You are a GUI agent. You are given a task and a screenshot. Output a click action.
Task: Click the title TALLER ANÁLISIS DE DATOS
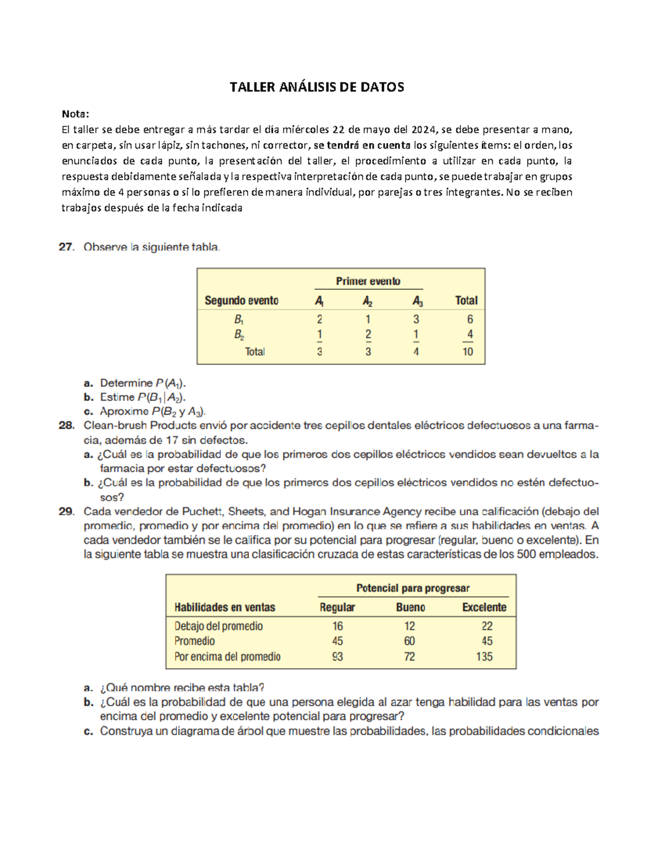coord(316,87)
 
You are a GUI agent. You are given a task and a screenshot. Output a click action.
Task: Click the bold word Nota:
coord(75,114)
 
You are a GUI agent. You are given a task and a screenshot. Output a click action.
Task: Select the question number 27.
coord(66,247)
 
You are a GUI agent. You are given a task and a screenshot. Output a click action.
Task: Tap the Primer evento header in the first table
coord(368,281)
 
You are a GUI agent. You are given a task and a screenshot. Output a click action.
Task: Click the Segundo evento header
coord(242,300)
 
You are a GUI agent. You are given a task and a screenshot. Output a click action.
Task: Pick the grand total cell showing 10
coord(468,351)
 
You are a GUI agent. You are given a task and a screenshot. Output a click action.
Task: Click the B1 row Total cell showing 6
coord(470,319)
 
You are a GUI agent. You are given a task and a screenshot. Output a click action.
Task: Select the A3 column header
coord(417,301)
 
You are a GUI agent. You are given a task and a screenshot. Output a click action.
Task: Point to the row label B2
coord(239,335)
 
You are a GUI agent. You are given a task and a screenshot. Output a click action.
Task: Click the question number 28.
coord(66,426)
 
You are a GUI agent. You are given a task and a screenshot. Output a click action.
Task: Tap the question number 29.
coord(66,512)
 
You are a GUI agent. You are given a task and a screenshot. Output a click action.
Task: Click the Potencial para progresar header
coord(413,588)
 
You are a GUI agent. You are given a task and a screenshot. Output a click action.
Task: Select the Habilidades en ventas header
coord(224,608)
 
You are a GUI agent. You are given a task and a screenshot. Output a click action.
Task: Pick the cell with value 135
coord(484,656)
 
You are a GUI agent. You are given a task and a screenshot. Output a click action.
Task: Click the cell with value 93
coord(337,656)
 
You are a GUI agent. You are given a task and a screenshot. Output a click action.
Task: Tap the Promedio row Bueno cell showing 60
coord(409,641)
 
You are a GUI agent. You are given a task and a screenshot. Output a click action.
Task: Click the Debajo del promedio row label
coord(218,626)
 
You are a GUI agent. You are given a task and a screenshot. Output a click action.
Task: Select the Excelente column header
coord(484,608)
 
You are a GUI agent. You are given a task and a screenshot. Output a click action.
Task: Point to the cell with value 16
coord(337,626)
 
